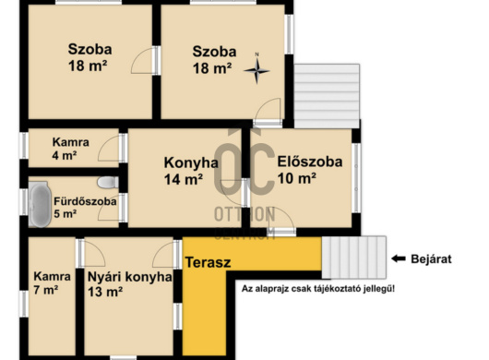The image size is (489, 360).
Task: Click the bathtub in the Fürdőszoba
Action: pos(39,205)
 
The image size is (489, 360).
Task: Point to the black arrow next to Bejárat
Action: pos(400,259)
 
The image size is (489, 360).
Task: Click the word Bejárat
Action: pos(431,259)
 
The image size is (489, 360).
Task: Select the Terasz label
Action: pos(208,262)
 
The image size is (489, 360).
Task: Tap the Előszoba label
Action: pos(309,161)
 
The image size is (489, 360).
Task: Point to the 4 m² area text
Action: pos(65,156)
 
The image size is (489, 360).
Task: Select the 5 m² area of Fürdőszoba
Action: pos(65,214)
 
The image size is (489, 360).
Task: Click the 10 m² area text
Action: pos(298,177)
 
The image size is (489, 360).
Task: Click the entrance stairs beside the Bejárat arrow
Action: pos(353,258)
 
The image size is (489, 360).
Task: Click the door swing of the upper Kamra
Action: pos(109,147)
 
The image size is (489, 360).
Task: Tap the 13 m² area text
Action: pos(106,293)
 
